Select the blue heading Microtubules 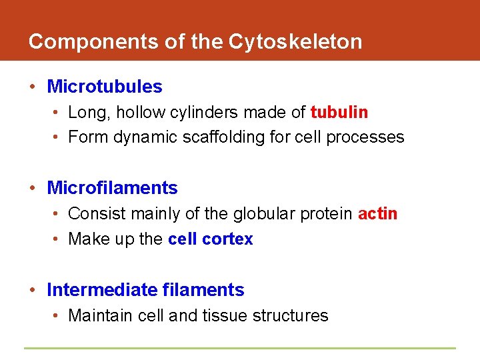pyautogui.click(x=105, y=87)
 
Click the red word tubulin pyautogui.click(x=339, y=112)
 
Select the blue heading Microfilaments pyautogui.click(x=112, y=188)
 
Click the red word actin pyautogui.click(x=377, y=214)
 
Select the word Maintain pyautogui.click(x=101, y=315)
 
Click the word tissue pyautogui.click(x=222, y=315)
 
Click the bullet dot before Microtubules pyautogui.click(x=33, y=87)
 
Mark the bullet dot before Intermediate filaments pyautogui.click(x=33, y=291)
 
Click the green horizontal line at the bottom pyautogui.click(x=240, y=348)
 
